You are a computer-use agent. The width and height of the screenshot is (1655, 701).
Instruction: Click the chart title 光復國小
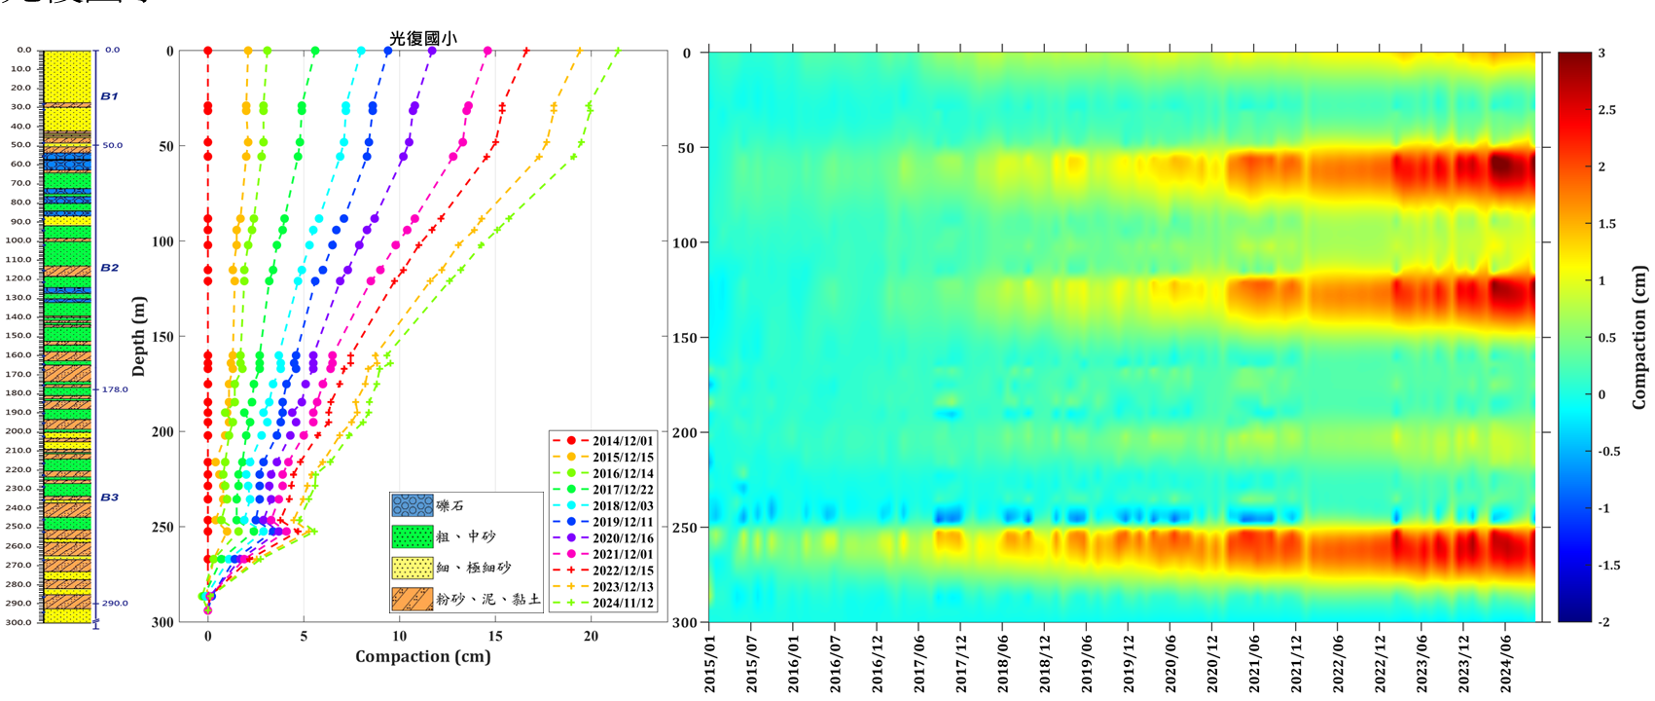[422, 38]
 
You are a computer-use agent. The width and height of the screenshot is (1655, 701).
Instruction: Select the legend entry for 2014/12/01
[623, 441]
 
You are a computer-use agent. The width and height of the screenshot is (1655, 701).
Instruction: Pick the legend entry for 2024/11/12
[623, 603]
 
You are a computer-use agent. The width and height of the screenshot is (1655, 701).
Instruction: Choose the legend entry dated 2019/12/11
[623, 522]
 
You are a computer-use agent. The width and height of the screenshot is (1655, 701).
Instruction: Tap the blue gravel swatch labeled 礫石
[412, 505]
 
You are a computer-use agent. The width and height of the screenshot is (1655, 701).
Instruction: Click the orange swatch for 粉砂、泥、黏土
[412, 599]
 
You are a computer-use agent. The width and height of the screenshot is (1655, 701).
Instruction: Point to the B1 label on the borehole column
[109, 96]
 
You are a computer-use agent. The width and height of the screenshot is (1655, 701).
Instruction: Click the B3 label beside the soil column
[109, 498]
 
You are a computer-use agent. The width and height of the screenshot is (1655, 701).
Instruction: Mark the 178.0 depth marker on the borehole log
[115, 389]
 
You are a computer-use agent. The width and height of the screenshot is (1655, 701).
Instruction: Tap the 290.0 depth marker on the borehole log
[115, 603]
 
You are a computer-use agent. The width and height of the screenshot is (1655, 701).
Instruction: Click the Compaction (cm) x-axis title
[422, 656]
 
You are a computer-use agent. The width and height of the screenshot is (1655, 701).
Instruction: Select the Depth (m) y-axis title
[138, 336]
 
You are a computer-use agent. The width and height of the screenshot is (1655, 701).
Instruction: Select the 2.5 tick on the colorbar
[1606, 110]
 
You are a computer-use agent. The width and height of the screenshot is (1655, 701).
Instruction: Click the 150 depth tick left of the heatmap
[686, 337]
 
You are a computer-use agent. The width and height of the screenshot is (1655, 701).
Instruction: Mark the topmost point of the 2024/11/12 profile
[617, 51]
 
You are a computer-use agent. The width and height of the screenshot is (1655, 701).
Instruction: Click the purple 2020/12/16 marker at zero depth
[432, 51]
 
